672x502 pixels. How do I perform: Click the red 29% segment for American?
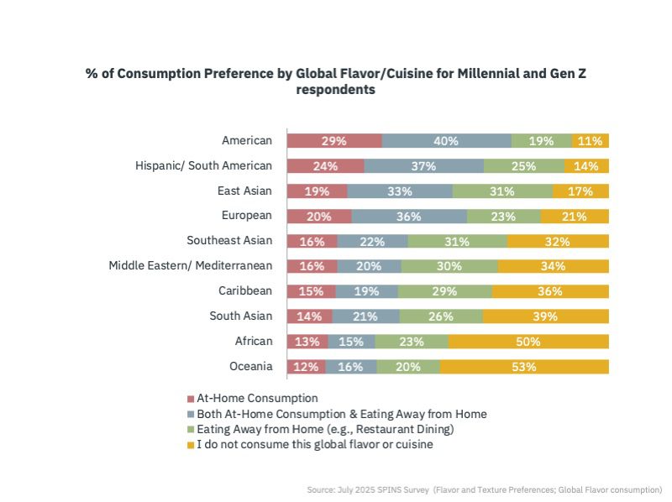[x=334, y=141]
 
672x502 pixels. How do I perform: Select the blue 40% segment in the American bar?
[x=447, y=141]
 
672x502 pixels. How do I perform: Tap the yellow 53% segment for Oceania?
[x=524, y=367]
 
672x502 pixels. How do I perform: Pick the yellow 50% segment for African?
[x=528, y=342]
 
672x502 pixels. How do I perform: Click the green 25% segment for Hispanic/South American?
[x=524, y=165]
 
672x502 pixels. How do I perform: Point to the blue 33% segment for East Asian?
[x=400, y=191]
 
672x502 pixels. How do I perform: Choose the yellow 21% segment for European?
[x=575, y=217]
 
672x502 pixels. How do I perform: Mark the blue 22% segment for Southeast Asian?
[x=372, y=241]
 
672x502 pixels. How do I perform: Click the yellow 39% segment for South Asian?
[x=545, y=316]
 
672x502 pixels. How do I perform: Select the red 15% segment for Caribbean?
[x=312, y=291]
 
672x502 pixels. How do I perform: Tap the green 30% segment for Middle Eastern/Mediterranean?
[x=449, y=266]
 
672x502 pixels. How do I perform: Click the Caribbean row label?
[x=245, y=290]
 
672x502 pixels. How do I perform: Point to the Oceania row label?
[x=250, y=366]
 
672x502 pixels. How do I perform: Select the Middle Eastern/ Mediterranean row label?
[x=191, y=265]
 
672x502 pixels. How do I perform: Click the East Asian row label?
[x=244, y=191]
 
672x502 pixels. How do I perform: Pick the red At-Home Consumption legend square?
[x=191, y=399]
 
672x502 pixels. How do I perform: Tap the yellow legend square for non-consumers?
[x=191, y=446]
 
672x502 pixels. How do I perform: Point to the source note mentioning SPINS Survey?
[x=485, y=489]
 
